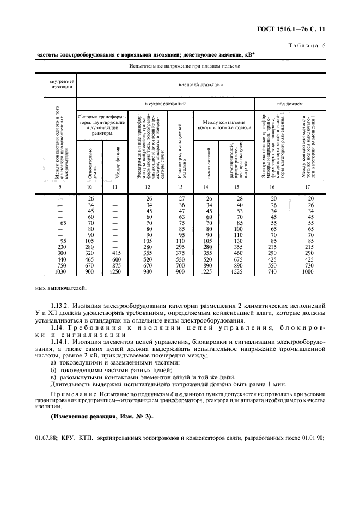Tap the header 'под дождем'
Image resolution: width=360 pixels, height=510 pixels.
(290, 103)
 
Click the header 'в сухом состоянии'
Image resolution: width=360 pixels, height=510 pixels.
(165, 103)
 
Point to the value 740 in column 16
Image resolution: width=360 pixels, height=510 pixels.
(273, 271)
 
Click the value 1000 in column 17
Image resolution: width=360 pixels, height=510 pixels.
(308, 271)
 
